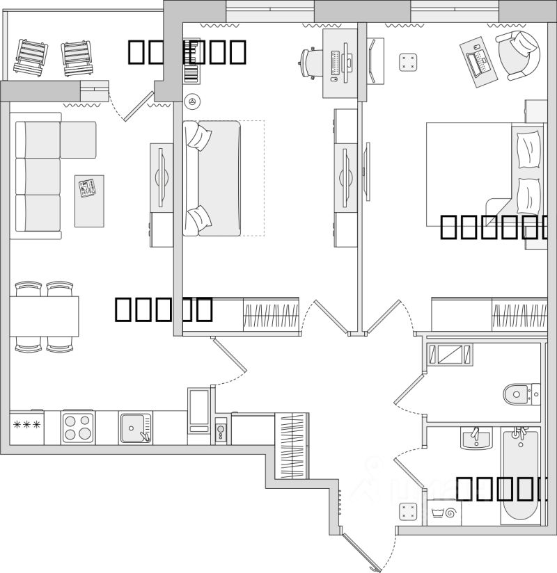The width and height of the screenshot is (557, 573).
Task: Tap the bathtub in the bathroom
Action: [x=519, y=476]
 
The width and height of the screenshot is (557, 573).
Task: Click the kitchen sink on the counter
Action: [x=136, y=427]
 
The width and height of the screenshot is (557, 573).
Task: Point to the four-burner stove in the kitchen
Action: [x=78, y=427]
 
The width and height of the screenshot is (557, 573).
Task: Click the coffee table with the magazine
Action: [x=89, y=200]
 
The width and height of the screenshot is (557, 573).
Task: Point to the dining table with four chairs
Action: [x=44, y=316]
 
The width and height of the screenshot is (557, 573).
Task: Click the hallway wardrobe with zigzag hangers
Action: [x=292, y=444]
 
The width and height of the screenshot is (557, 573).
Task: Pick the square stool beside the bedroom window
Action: [x=408, y=62]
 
